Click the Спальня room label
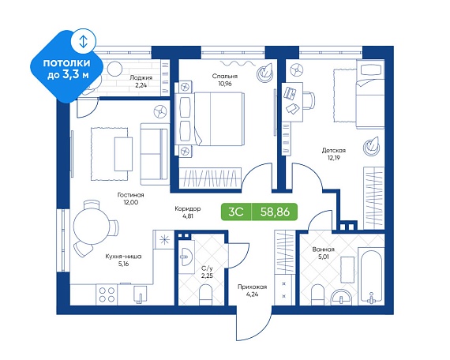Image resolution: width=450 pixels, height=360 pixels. pos(225,76)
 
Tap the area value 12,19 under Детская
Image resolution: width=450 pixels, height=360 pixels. pos(333,158)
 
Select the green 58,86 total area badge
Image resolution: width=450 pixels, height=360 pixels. pos(275,212)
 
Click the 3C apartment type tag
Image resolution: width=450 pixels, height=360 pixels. pos(236,212)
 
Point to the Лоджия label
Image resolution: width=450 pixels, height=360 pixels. pos(141,77)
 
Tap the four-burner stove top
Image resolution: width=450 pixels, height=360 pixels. pos(107,294)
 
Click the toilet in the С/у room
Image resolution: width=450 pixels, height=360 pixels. pos(205,294)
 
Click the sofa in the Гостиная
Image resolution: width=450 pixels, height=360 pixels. pos(155,154)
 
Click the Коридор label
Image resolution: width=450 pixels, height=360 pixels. pos(188,208)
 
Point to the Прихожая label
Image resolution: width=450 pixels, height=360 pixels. pos(253,287)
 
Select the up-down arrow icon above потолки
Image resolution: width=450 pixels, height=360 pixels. pos(83,41)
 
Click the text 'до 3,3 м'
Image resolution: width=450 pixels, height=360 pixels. pos(68,75)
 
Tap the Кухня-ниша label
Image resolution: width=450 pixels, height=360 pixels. pos(123,257)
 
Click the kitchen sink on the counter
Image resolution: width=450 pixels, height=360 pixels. pos(141,294)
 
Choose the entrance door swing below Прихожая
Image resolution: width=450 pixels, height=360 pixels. pos(253,324)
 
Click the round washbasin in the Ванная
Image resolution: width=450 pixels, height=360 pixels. pos(341,298)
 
